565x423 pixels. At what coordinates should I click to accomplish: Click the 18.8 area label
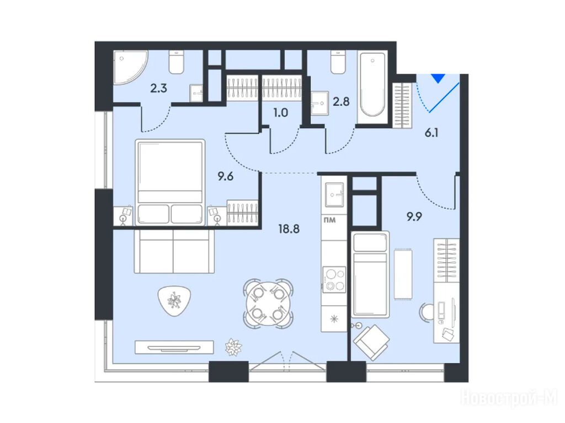[x=289, y=229]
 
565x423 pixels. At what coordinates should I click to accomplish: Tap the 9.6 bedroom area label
[x=226, y=177]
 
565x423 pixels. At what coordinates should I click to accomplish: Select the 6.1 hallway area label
[x=431, y=133]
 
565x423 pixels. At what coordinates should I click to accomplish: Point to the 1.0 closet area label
[x=281, y=113]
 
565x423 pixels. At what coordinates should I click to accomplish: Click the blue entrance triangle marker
[x=439, y=78]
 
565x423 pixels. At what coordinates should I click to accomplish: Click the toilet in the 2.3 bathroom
[x=177, y=63]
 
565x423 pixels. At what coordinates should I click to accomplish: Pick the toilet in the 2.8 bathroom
[x=338, y=63]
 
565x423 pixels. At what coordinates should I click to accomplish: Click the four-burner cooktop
[x=334, y=279]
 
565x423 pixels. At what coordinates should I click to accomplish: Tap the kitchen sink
[x=334, y=194]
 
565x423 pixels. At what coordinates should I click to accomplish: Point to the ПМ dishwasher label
[x=330, y=220]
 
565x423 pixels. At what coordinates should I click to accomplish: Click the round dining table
[x=268, y=303]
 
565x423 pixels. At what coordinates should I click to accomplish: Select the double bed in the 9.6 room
[x=170, y=182]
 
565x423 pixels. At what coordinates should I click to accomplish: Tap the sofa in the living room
[x=174, y=251]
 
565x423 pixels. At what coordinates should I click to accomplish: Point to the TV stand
[x=174, y=347]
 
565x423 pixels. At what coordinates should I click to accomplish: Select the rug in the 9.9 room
[x=403, y=274]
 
